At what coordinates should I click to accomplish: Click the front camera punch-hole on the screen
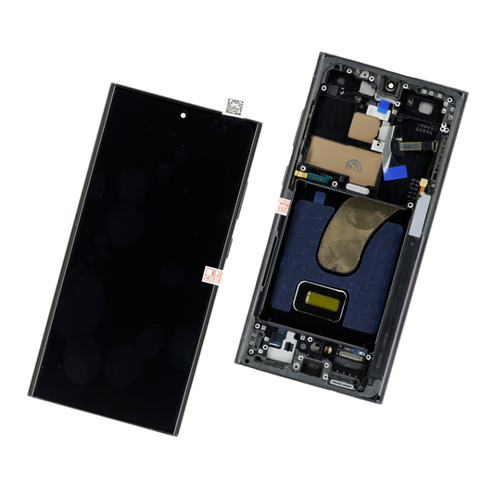[183, 116]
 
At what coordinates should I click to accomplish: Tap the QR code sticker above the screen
[236, 106]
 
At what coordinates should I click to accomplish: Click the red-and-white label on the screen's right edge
[213, 276]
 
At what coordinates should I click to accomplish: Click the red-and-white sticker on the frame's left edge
[279, 206]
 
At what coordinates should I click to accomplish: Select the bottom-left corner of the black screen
[32, 396]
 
